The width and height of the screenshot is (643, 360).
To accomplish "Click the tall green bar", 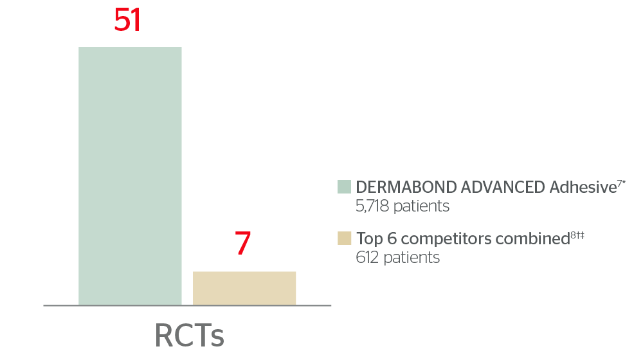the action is point(130,176).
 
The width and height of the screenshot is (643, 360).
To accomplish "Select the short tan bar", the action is point(244,288).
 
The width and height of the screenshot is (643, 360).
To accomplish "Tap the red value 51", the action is point(127,20).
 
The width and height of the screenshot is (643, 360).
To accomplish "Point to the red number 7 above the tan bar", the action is point(243,243).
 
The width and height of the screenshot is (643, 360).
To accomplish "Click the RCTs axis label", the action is point(190,336).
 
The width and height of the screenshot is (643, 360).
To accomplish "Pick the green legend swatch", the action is point(345,186).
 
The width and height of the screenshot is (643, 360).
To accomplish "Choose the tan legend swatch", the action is point(345,239).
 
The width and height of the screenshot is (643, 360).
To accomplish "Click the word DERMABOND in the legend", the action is point(406,187).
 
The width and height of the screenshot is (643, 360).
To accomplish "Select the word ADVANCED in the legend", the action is point(503,187).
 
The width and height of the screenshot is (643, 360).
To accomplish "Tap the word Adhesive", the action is point(583,187).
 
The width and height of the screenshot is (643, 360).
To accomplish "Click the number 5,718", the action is point(372,206).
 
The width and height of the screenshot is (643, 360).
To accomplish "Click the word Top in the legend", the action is point(370,239).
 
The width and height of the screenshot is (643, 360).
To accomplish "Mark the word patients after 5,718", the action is point(421,206).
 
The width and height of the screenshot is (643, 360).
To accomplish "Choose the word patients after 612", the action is point(412,258).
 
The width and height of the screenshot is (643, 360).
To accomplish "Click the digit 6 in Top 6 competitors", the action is point(392,239).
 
